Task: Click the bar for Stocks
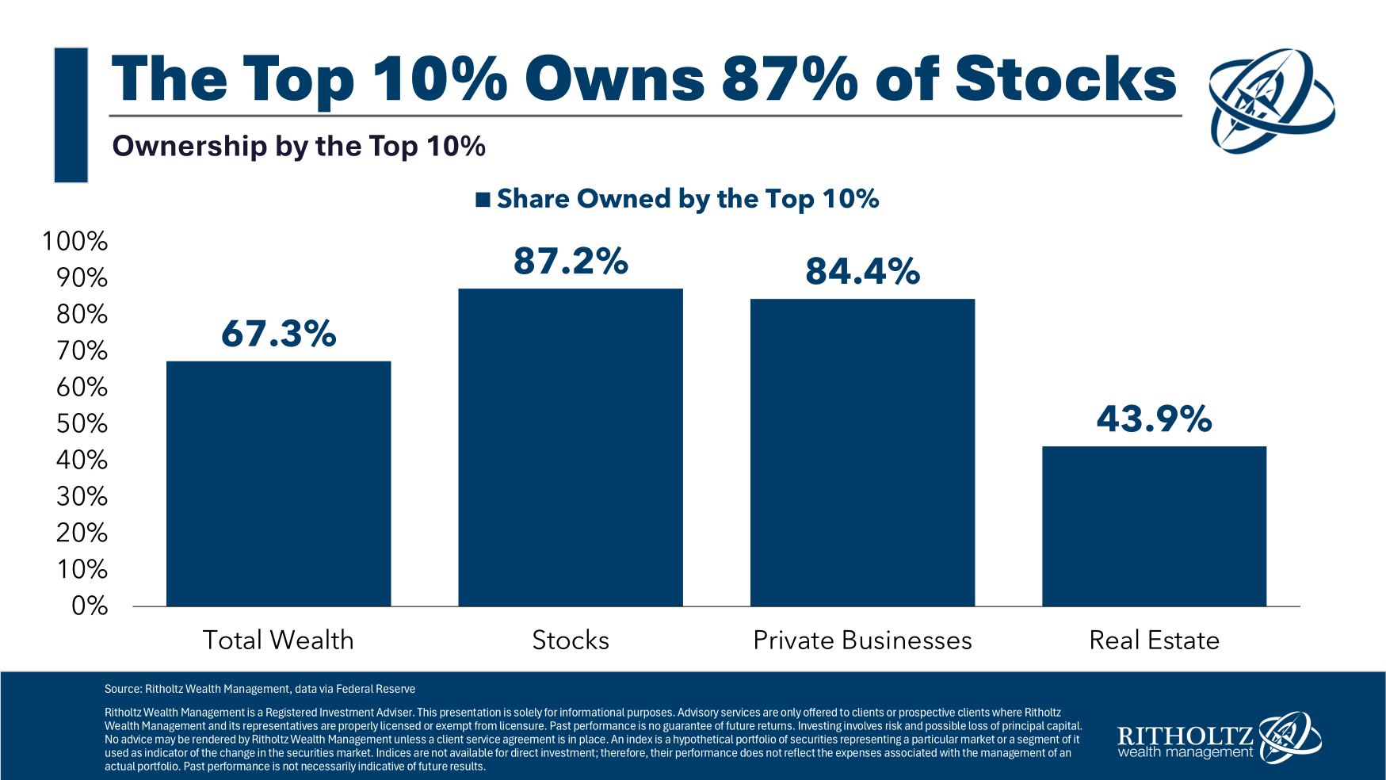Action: pos(571,448)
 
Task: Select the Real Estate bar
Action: pos(1154,526)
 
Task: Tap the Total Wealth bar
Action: pos(278,484)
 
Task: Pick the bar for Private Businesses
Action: pos(862,453)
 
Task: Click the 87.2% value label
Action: pos(571,262)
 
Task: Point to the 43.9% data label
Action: pos(1154,419)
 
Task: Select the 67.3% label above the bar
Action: pos(278,334)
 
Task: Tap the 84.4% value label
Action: pos(862,272)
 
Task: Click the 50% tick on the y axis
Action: pos(82,423)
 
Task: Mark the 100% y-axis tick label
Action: pos(74,241)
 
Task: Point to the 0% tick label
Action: pos(89,606)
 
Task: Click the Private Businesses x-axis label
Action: pos(862,640)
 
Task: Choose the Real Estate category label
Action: pos(1154,640)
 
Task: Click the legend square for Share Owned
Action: pos(483,200)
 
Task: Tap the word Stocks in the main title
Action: pos(1065,79)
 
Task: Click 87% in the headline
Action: pos(789,79)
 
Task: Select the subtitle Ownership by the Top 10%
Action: pos(299,147)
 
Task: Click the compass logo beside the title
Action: pos(1270,100)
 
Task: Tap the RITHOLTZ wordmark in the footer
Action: pos(1184,735)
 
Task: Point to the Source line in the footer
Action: pos(260,689)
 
